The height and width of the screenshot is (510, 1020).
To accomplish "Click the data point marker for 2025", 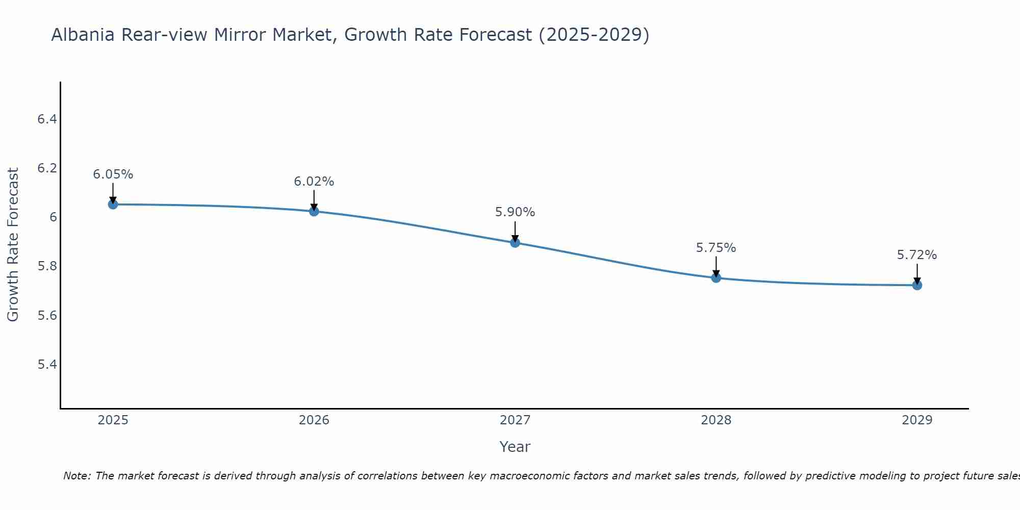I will (x=113, y=205).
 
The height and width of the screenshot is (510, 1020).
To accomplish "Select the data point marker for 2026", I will (x=314, y=211).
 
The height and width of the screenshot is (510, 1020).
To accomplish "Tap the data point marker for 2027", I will (x=515, y=243).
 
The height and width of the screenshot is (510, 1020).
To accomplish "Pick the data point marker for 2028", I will (x=716, y=278).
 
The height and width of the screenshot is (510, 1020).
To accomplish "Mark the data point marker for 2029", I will (x=917, y=285).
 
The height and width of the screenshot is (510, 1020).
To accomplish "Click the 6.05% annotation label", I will (x=113, y=174).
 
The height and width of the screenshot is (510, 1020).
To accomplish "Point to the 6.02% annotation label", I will (x=314, y=182).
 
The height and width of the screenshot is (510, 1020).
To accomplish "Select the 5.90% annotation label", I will (x=515, y=212).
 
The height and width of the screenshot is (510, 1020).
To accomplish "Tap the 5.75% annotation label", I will (x=716, y=248).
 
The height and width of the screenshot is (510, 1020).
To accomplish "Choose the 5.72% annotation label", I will (x=917, y=255).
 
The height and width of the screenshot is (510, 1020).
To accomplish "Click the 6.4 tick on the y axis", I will (x=47, y=119).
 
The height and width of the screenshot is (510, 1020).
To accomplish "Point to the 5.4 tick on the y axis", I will (x=47, y=364).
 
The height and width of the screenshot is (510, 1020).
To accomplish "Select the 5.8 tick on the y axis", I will (x=47, y=266).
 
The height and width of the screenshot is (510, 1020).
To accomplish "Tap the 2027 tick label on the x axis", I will (x=515, y=420).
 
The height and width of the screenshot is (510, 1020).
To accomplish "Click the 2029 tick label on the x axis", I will (x=917, y=420).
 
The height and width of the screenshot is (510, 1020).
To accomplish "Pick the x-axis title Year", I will (x=515, y=447).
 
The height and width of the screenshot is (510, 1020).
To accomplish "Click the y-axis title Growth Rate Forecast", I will (x=13, y=245).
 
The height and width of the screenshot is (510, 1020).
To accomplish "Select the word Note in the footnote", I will (x=76, y=476).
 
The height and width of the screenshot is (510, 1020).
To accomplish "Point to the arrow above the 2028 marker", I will (x=716, y=267).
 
